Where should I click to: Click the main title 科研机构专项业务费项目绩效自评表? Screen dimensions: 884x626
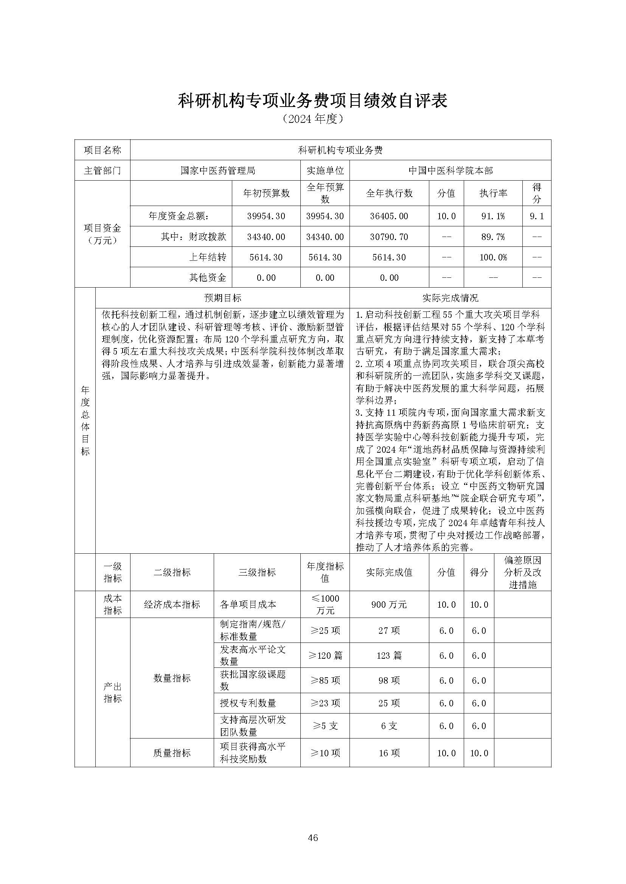tap(312, 101)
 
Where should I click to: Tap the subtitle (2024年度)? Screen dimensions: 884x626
tap(312, 119)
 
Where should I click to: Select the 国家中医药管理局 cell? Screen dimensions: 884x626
tap(218, 170)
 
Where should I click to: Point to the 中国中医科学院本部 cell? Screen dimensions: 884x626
tap(450, 170)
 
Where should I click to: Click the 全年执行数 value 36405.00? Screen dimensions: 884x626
tap(389, 216)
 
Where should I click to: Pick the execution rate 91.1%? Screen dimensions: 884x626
tap(492, 216)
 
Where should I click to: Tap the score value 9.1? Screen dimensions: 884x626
tap(537, 216)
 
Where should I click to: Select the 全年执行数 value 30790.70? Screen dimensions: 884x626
tap(389, 237)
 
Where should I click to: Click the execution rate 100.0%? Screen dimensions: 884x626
tap(492, 257)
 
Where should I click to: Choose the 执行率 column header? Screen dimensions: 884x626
tap(492, 194)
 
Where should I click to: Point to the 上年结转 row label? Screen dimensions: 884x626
tap(207, 257)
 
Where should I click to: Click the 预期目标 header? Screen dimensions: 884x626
tap(222, 298)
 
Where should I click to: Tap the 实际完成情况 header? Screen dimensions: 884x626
tap(450, 298)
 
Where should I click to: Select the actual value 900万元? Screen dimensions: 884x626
tap(389, 605)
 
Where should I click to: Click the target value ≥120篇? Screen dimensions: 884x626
tap(325, 656)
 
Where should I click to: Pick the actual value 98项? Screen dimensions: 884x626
tap(389, 681)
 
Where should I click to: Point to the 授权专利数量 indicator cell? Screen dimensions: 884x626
tap(248, 703)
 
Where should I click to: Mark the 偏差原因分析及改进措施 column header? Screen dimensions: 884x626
tap(522, 572)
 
